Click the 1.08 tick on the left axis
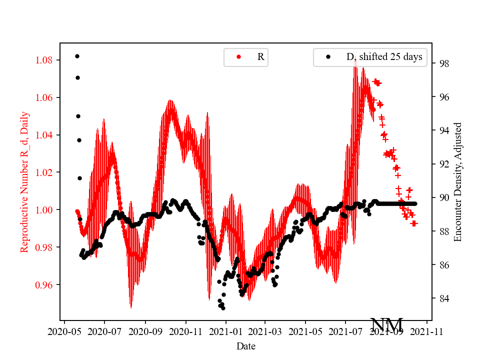pos(45,60)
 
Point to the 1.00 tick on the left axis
pos(45,209)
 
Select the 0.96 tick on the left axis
pos(45,284)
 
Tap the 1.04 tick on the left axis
pos(45,135)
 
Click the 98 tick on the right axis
pos(442,63)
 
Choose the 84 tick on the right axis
pos(442,298)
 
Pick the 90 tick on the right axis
pos(442,197)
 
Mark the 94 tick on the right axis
pos(442,130)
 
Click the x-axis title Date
pos(246,345)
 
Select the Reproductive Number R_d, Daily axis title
pos(24,182)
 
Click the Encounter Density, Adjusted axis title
pos(457,182)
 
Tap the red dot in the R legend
pos(238,57)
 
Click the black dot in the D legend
pos(328,57)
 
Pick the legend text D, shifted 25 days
pos(384,57)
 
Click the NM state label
pos(386,325)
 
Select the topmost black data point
pos(77,56)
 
